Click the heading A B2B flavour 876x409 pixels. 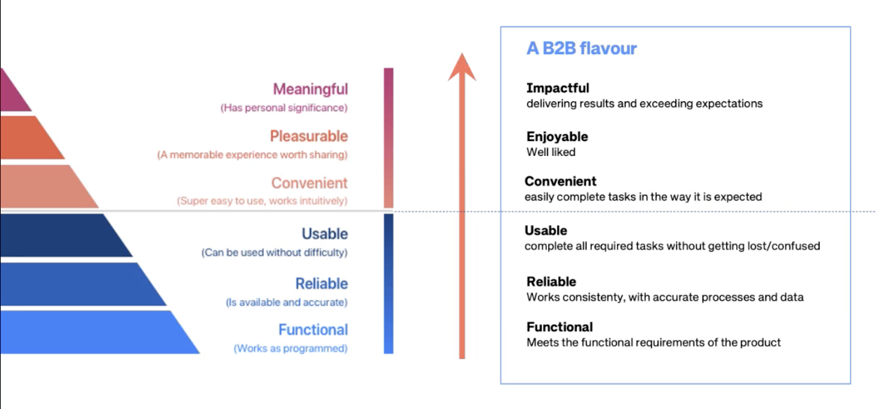pyautogui.click(x=581, y=49)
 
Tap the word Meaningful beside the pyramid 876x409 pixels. pyautogui.click(x=310, y=89)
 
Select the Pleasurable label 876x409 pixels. pyautogui.click(x=308, y=136)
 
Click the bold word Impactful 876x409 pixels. pyautogui.click(x=557, y=88)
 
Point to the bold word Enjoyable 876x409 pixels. pyautogui.click(x=557, y=136)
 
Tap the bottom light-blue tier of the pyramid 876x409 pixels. pyautogui.click(x=91, y=332)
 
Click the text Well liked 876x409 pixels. pyautogui.click(x=550, y=152)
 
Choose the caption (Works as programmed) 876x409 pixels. pyautogui.click(x=290, y=349)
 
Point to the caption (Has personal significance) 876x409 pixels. pyautogui.click(x=284, y=108)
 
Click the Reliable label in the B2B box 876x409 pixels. pyautogui.click(x=551, y=281)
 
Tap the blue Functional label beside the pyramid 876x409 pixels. pyautogui.click(x=312, y=330)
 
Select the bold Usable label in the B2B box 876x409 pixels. pyautogui.click(x=545, y=231)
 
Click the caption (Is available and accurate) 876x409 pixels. pyautogui.click(x=286, y=302)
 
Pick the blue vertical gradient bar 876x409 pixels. pyautogui.click(x=389, y=283)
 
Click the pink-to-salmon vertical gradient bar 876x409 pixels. pyautogui.click(x=389, y=137)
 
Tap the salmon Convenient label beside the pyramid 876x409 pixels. pyautogui.click(x=309, y=183)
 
